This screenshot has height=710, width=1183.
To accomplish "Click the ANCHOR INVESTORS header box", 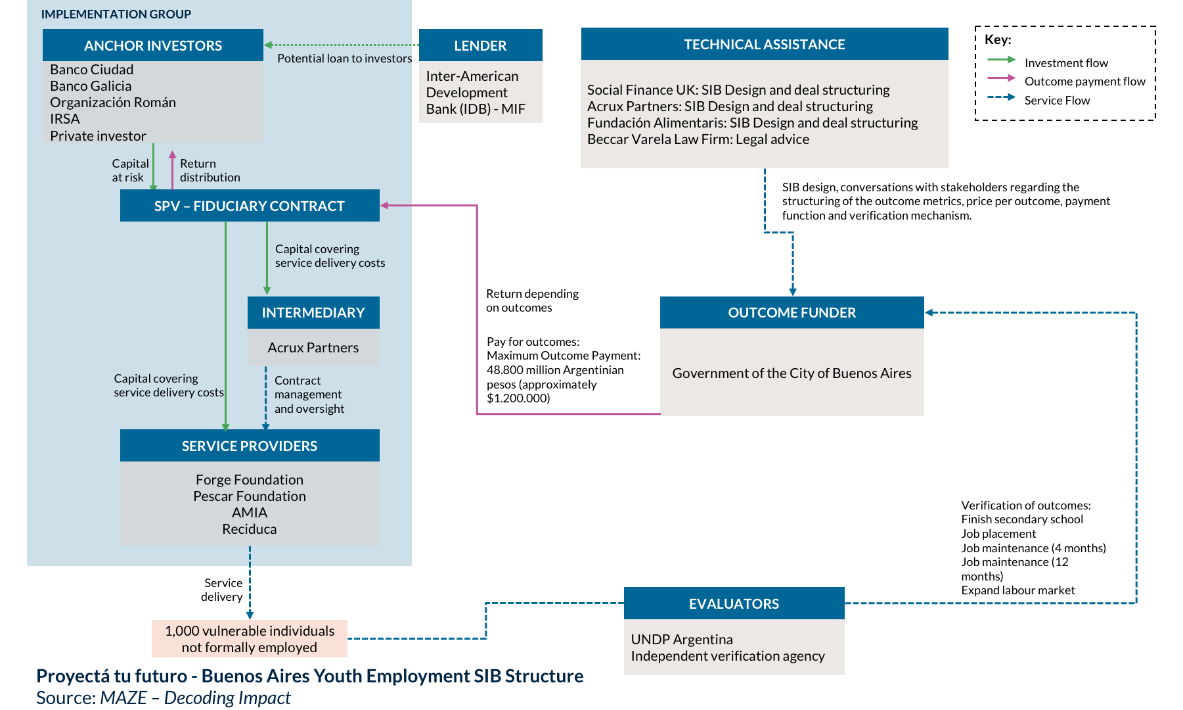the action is coord(153,45).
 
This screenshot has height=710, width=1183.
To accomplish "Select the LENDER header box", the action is coord(480,45).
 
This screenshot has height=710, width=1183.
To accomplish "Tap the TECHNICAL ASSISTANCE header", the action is coord(765,44).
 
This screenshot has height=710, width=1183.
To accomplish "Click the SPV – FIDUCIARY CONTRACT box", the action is coord(250,206).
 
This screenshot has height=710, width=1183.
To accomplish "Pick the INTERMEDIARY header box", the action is coord(313,312).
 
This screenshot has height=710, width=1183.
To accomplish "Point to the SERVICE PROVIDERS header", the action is coord(250,446).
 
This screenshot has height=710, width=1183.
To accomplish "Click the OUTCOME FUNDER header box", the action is coord(792,312).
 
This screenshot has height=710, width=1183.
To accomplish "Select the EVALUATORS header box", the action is coord(734,603).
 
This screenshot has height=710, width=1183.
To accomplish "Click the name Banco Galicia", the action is coord(91,86).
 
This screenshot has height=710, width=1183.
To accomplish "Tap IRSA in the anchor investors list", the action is coord(65,119).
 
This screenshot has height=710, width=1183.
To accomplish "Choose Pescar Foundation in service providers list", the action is coord(250,496).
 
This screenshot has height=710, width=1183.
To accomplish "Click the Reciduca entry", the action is coord(250,529).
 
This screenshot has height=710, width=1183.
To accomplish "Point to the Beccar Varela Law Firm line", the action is coord(698,139).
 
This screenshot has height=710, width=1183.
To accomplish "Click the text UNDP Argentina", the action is coord(682,640).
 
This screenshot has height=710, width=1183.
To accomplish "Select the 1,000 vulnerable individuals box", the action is coord(250,639).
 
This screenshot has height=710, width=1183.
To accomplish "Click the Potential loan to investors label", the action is coord(345,59).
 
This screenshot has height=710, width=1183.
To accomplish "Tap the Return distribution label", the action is coord(210,170).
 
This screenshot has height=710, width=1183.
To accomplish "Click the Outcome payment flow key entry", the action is coord(1066,81).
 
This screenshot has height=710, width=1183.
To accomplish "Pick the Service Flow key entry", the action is coord(1038,100).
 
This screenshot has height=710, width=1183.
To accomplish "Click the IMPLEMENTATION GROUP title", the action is coord(116,14).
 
